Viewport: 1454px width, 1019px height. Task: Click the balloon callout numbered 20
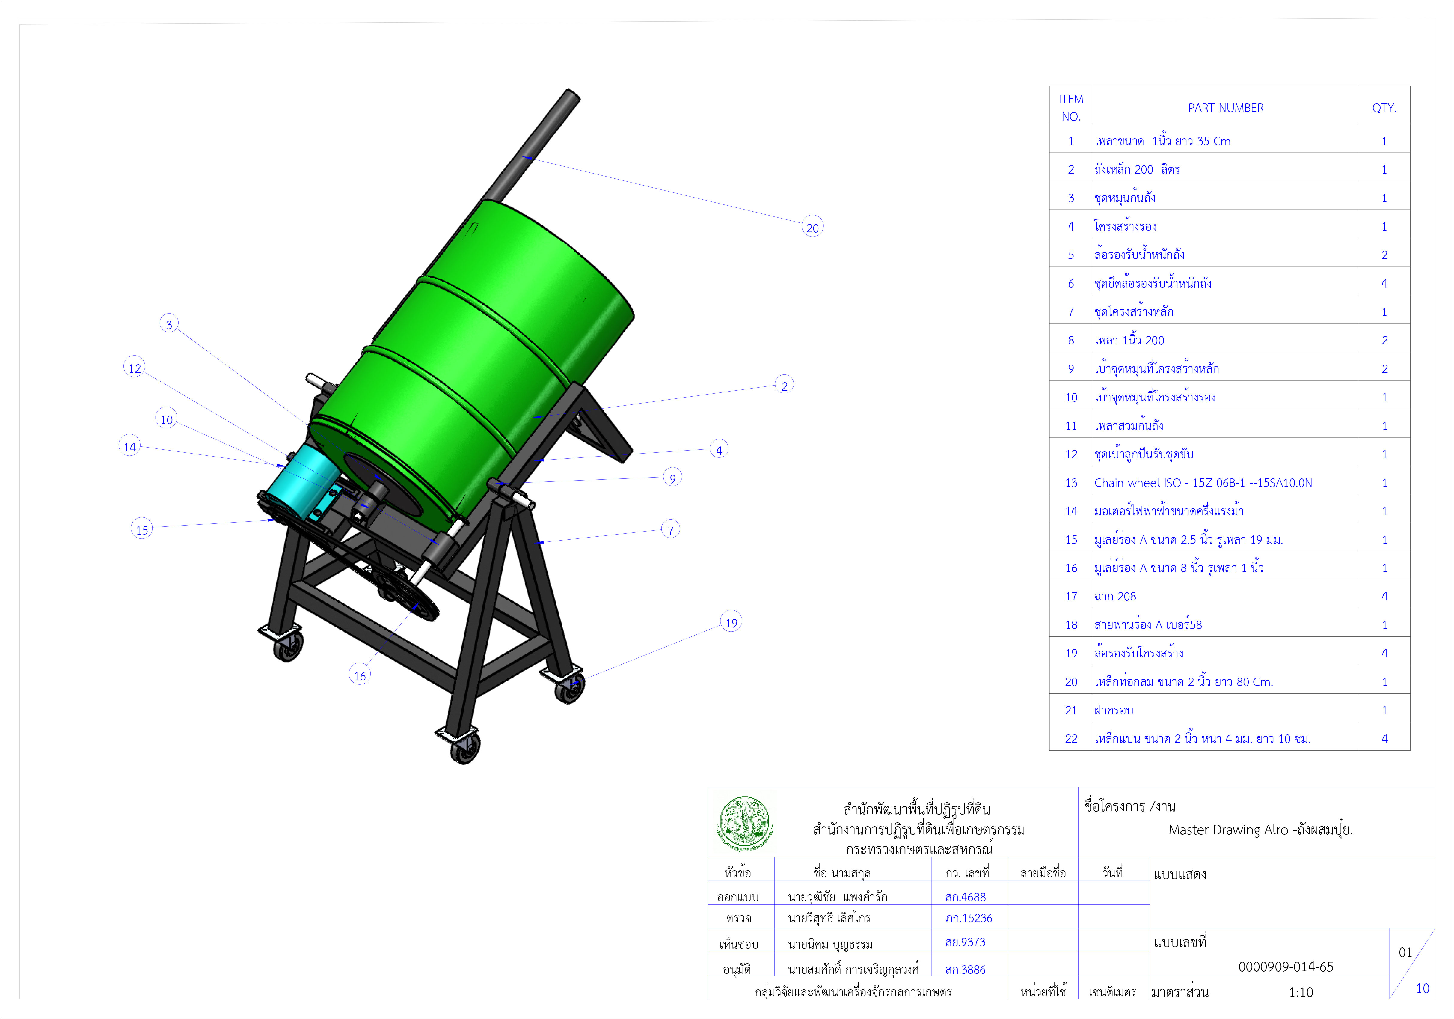pos(812,227)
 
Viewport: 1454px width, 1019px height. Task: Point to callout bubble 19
pos(731,622)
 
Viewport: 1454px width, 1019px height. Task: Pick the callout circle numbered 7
pos(671,530)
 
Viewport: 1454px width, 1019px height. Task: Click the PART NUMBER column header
pos(1225,108)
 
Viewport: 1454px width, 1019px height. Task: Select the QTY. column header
pos(1384,108)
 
